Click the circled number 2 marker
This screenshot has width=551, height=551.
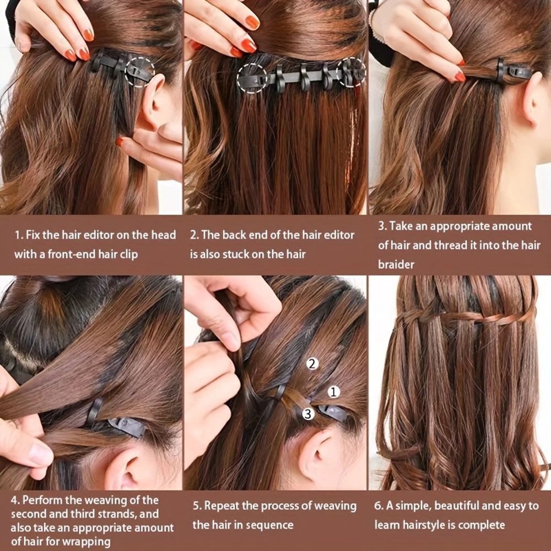[x=312, y=363]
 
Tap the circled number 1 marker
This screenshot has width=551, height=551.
[x=333, y=392]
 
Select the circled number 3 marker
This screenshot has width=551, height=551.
[x=308, y=414]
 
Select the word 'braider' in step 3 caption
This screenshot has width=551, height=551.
[x=396, y=264]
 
